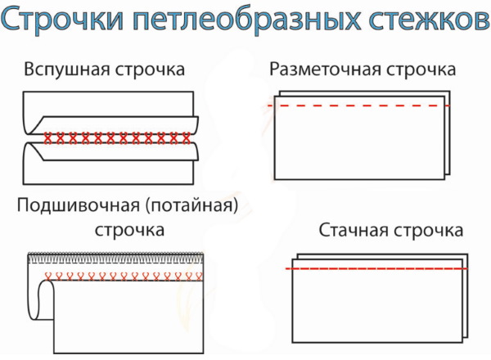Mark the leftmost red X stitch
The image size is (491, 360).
coord(48,137)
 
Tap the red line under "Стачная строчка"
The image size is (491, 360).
coord(376,268)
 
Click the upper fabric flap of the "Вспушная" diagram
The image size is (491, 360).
coord(106,111)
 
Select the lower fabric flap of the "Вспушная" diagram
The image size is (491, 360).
coord(106,164)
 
